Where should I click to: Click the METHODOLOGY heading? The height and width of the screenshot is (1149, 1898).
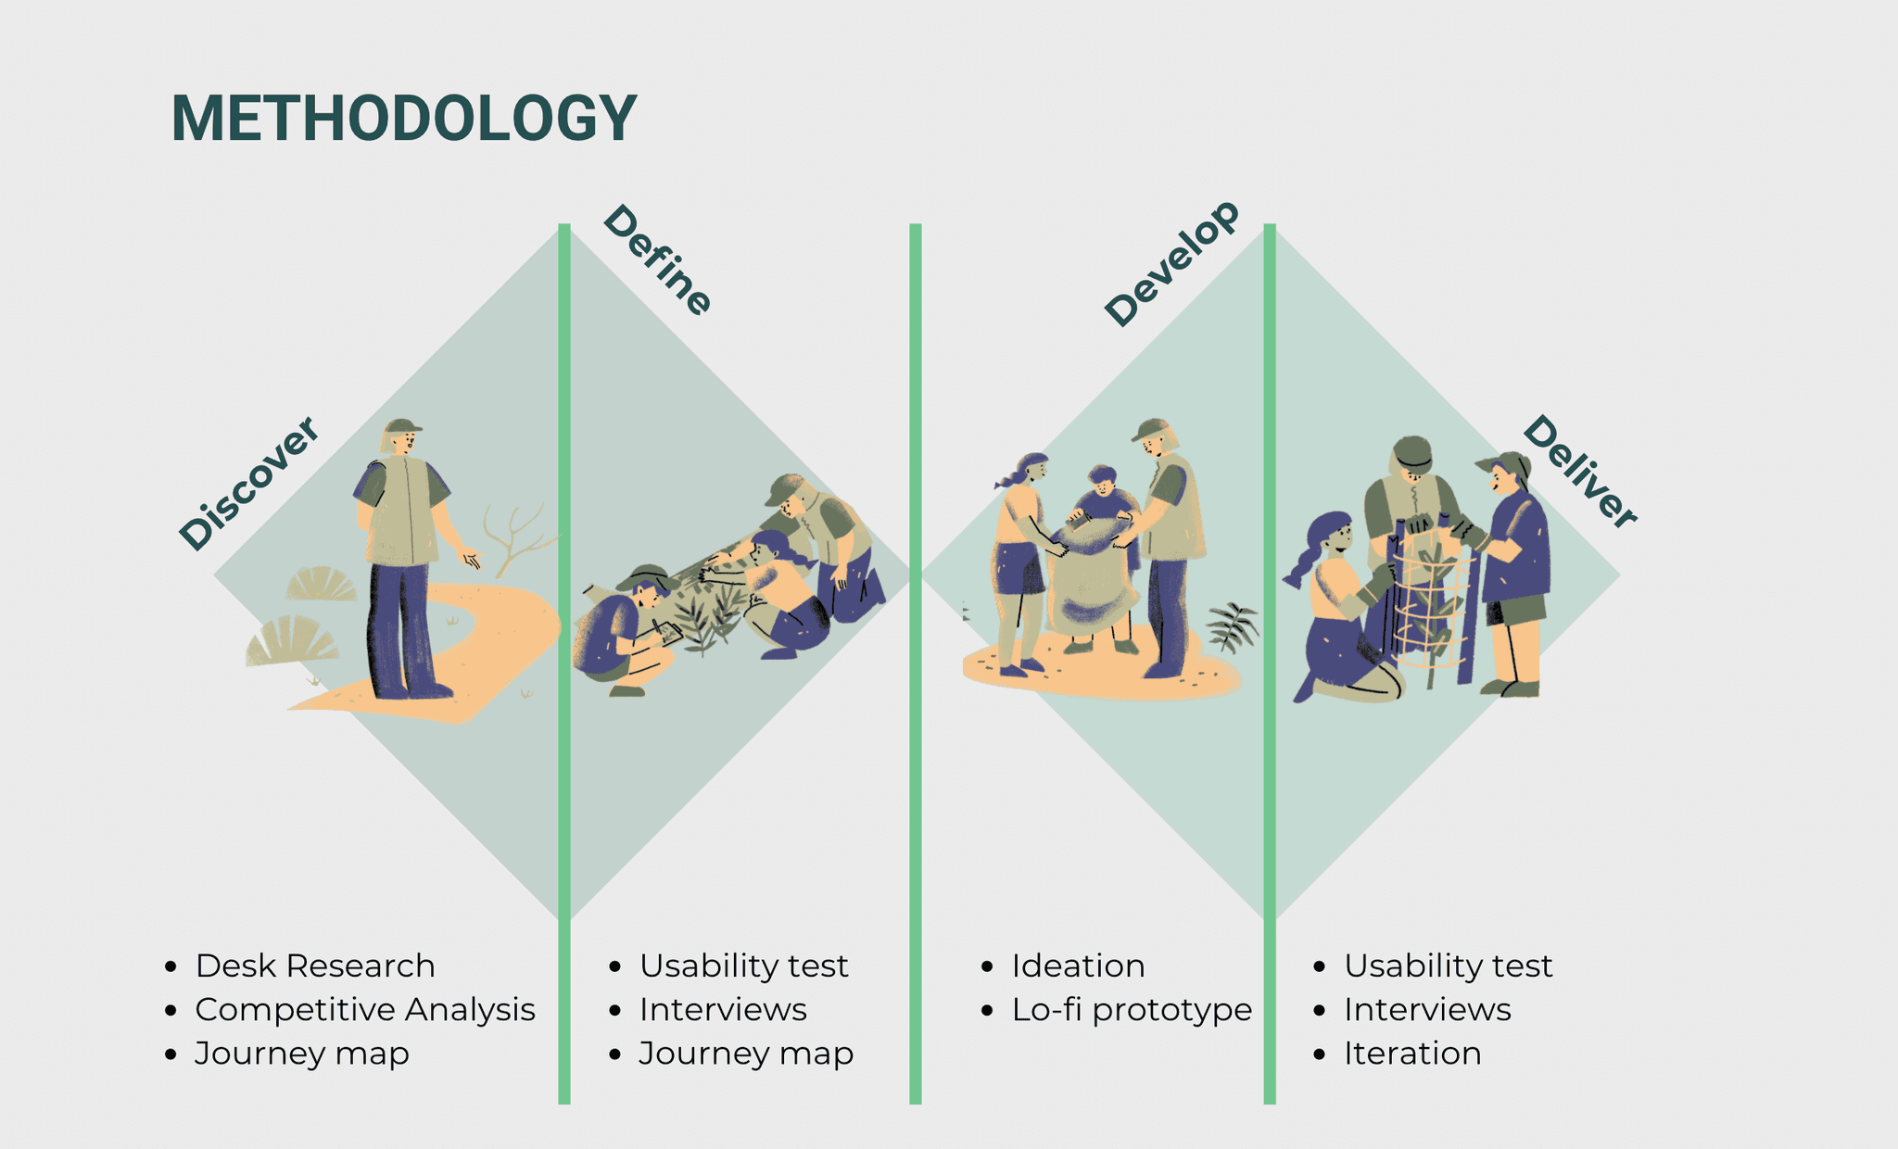click(x=404, y=119)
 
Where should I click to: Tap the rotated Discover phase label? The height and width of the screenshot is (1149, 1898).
click(x=248, y=484)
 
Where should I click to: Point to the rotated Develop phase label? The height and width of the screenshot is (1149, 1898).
click(x=1171, y=263)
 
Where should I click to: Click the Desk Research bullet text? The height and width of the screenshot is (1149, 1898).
click(x=315, y=966)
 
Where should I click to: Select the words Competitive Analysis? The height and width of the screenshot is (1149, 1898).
click(x=365, y=1009)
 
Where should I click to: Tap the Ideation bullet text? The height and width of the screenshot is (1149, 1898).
click(x=1078, y=966)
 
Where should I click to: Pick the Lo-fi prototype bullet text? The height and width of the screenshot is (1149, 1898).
click(x=1132, y=1009)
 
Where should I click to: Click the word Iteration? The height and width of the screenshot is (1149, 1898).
click(x=1412, y=1054)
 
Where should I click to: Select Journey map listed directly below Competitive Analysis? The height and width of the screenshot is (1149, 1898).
click(x=302, y=1054)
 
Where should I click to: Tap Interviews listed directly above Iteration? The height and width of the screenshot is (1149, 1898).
click(x=1427, y=1009)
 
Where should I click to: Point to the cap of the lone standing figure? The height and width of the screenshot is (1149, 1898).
click(x=402, y=426)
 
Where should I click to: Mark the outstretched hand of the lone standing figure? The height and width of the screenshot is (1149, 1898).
click(x=472, y=559)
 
